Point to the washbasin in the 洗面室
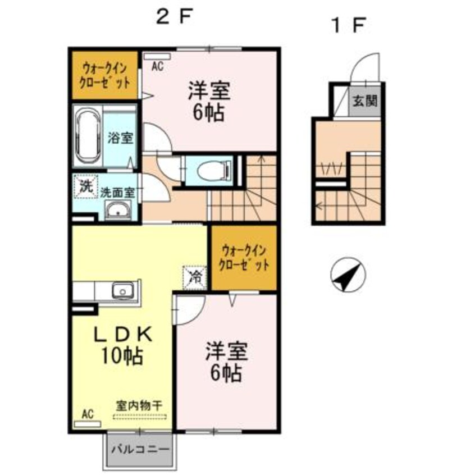(x=118, y=211)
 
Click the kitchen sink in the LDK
(x=122, y=291)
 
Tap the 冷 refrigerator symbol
(x=194, y=275)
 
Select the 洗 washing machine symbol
(x=84, y=186)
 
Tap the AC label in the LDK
(x=88, y=414)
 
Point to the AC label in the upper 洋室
(x=157, y=66)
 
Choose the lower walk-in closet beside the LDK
(x=244, y=258)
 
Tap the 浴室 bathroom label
(x=121, y=138)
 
